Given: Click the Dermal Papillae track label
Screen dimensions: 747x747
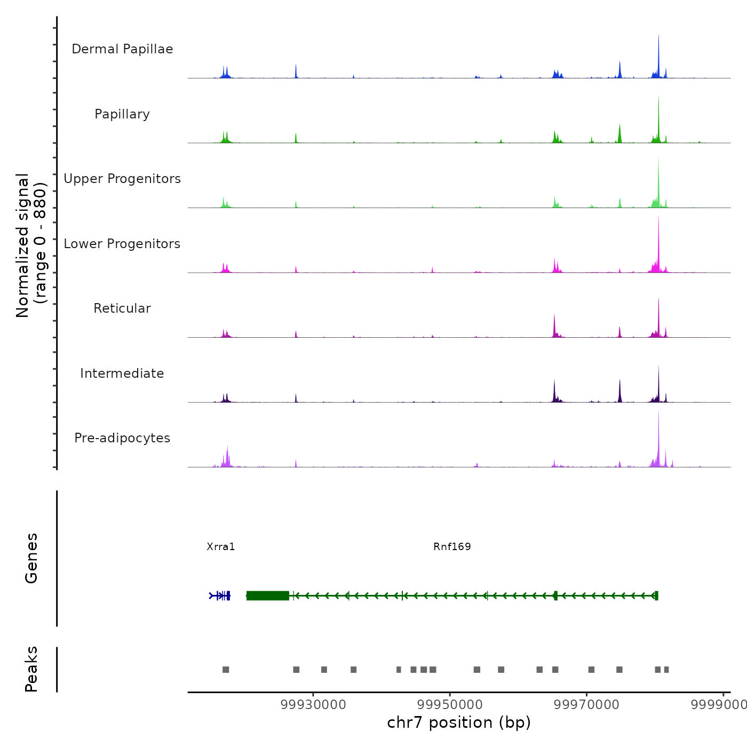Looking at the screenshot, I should pyautogui.click(x=122, y=49).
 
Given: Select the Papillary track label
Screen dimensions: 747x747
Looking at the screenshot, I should pyautogui.click(x=122, y=114).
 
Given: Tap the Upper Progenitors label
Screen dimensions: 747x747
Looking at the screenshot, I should pyautogui.click(x=122, y=179).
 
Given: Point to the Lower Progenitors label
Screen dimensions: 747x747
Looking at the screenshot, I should pyautogui.click(x=122, y=244).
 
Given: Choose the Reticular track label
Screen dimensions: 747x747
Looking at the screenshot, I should pyautogui.click(x=122, y=308).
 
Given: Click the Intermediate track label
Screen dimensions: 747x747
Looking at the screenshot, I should pyautogui.click(x=122, y=373).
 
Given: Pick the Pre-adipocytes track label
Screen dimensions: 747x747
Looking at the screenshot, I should pyautogui.click(x=122, y=438).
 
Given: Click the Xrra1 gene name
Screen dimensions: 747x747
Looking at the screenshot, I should pyautogui.click(x=221, y=546).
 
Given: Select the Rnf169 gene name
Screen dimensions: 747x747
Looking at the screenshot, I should pyautogui.click(x=452, y=546).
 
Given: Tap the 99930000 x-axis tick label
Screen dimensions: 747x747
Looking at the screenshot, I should pyautogui.click(x=313, y=704).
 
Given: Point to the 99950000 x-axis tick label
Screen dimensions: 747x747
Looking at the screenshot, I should pyautogui.click(x=450, y=704).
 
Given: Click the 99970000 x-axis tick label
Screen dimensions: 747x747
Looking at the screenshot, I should pyautogui.click(x=586, y=704).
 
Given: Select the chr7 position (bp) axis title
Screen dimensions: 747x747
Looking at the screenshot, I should pyautogui.click(x=459, y=722).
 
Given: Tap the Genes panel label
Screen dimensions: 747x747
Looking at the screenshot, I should pyautogui.click(x=31, y=558).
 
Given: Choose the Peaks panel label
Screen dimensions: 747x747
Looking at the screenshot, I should pyautogui.click(x=31, y=669).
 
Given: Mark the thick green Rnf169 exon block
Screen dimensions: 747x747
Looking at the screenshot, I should pyautogui.click(x=267, y=595).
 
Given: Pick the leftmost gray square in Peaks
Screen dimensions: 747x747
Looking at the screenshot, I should pyautogui.click(x=226, y=670).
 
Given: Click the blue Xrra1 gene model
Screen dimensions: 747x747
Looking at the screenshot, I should pyautogui.click(x=220, y=595).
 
